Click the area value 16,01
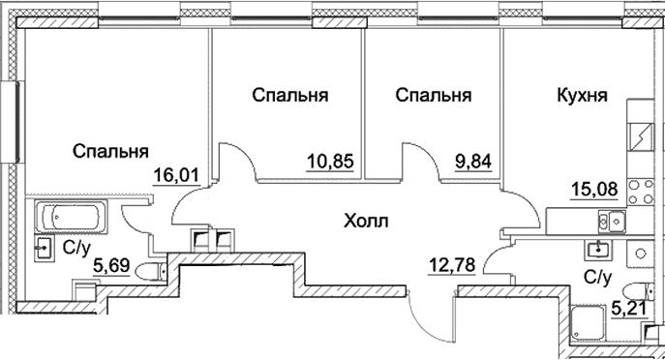click(176, 175)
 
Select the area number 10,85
click(330, 162)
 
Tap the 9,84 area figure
click(473, 162)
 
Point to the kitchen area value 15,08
click(593, 189)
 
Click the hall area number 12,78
click(452, 265)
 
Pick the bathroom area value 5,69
click(111, 267)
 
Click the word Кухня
click(582, 96)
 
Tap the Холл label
click(366, 221)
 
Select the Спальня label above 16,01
click(110, 151)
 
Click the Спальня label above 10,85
click(290, 96)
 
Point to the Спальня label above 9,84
click(434, 96)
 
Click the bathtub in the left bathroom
click(71, 217)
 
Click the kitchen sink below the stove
click(612, 222)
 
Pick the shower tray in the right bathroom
click(588, 322)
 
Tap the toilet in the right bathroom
click(640, 292)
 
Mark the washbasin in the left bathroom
click(44, 248)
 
